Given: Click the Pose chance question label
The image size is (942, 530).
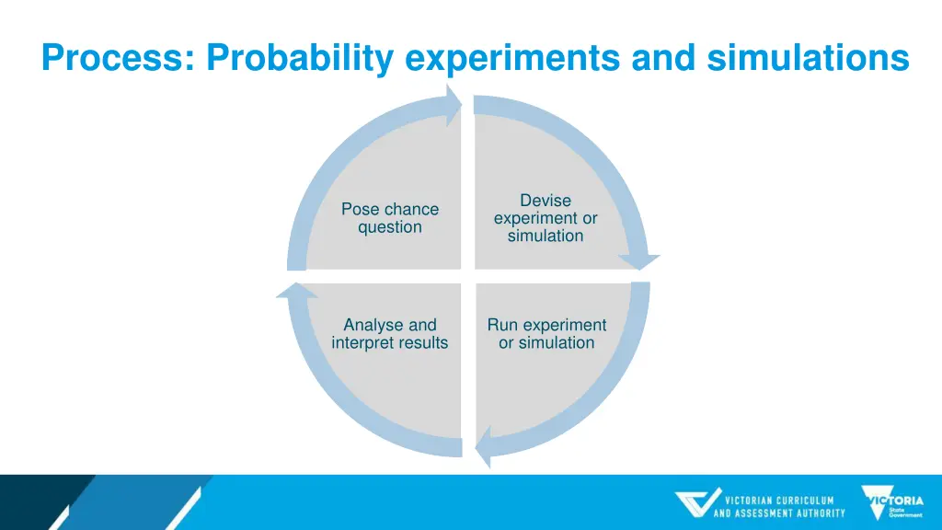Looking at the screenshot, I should (389, 218).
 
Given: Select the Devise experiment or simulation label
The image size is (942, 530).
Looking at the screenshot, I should (546, 218).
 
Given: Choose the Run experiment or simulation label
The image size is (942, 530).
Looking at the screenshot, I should (546, 334).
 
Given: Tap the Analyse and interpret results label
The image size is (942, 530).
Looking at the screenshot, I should (389, 334).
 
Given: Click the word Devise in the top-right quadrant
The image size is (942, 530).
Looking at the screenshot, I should (546, 201).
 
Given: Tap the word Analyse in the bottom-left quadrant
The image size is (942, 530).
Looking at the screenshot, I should (373, 325).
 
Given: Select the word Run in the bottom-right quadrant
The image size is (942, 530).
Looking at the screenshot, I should (502, 325).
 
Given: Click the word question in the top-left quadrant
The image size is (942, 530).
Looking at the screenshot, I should (389, 227).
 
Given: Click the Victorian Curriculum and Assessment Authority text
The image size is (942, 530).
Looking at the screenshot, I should (779, 507).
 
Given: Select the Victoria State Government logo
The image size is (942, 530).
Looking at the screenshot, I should (892, 503).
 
